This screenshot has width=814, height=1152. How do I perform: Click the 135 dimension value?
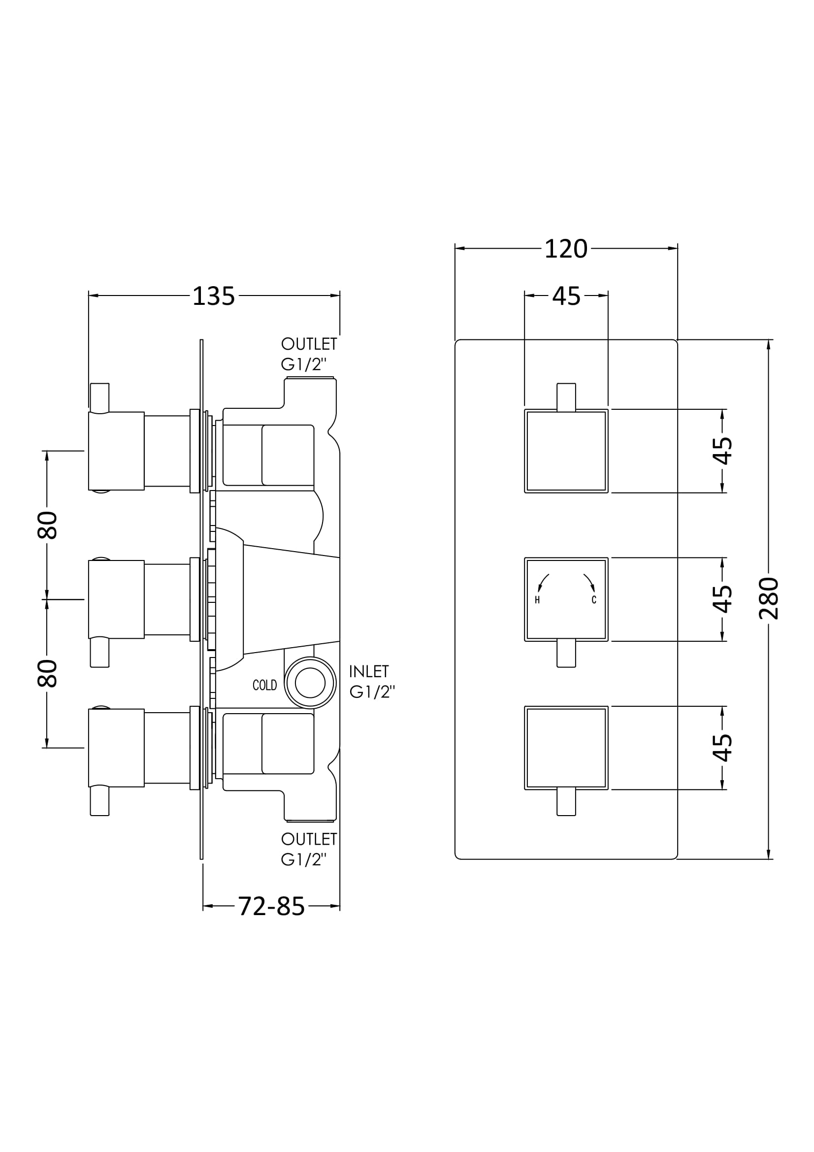(x=214, y=296)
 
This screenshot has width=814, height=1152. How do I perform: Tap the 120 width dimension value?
(x=566, y=249)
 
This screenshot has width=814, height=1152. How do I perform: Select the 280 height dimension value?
(x=768, y=598)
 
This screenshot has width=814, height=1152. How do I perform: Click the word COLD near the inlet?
(x=265, y=685)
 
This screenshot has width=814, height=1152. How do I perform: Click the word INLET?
(x=369, y=671)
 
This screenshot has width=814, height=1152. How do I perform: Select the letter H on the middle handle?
(x=537, y=600)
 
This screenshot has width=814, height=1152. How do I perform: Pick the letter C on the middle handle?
(x=594, y=600)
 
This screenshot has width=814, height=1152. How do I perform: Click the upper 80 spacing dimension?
(x=47, y=526)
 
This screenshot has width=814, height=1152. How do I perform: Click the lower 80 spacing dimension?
(x=47, y=673)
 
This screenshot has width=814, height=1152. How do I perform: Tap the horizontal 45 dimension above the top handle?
(x=566, y=296)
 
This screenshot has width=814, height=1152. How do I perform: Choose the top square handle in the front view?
(x=566, y=451)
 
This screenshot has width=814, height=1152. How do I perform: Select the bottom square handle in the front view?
(x=566, y=748)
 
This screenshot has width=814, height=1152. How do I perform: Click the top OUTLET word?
(x=309, y=344)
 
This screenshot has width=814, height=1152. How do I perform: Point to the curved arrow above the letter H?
(x=543, y=583)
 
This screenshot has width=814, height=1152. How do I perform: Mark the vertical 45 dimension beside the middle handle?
(x=722, y=599)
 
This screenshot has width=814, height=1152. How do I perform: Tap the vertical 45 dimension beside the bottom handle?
(x=722, y=748)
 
